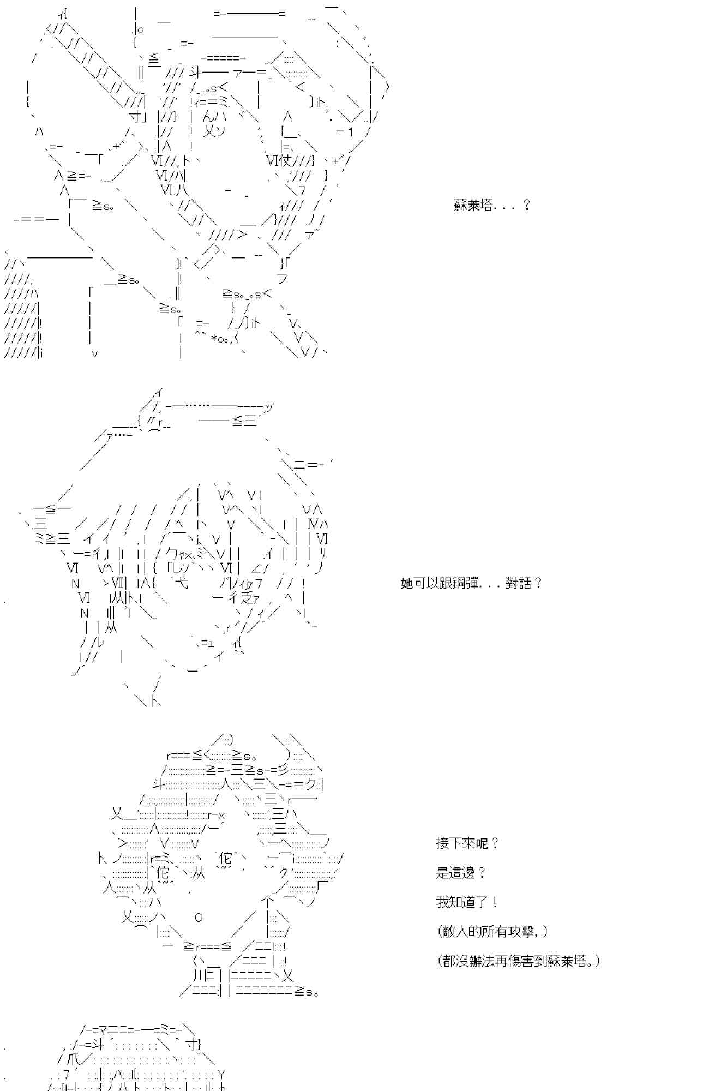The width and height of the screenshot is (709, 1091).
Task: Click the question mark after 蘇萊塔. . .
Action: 526,206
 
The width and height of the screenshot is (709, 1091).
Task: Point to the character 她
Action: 407,584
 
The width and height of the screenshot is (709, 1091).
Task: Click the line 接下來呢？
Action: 467,844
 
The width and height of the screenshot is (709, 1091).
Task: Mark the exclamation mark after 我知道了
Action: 494,902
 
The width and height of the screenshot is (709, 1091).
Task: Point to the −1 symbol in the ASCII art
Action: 345,131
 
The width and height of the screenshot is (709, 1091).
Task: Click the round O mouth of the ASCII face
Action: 199,917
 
